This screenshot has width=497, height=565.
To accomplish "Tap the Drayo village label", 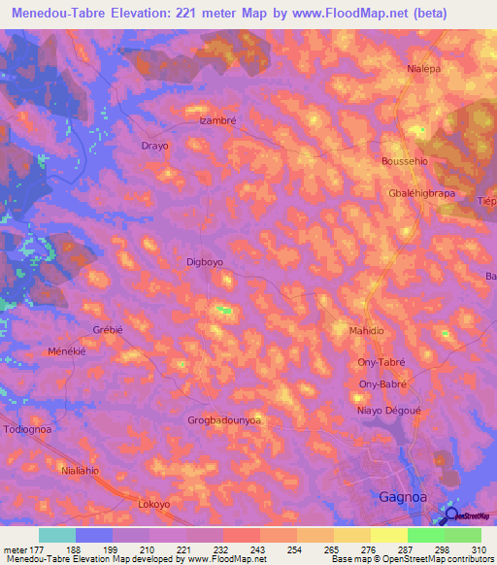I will pyautogui.click(x=155, y=146).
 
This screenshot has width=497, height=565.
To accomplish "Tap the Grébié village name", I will pyautogui.click(x=108, y=329).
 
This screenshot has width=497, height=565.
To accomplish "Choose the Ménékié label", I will pyautogui.click(x=67, y=350).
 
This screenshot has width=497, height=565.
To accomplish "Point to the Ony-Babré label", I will pyautogui.click(x=381, y=384).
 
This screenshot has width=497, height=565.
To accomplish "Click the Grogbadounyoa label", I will pyautogui.click(x=224, y=420).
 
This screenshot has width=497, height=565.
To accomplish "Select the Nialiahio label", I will pyautogui.click(x=81, y=471).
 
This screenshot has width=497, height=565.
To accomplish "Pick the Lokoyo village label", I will pyautogui.click(x=154, y=505).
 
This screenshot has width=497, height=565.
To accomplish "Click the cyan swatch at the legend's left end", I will pyautogui.click(x=57, y=535).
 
